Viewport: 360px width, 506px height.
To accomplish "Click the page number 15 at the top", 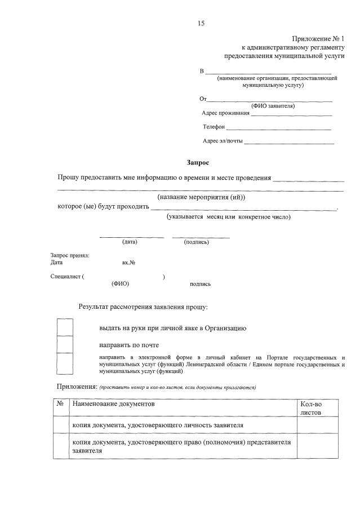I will pos(201,23).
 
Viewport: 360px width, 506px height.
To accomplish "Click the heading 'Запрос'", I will pos(198,163).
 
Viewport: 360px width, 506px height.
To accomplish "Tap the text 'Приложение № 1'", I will pos(317,38).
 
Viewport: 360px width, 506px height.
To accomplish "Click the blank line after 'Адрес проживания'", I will pos(291,115).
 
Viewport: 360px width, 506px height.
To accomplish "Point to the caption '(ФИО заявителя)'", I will pos(273,106).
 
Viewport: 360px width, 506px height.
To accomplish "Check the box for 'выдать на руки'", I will pos(65,327).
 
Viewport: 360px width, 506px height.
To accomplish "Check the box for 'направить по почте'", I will pos(65,344).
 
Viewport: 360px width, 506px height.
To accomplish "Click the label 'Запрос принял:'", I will pos(70,255).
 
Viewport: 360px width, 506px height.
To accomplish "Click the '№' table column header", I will pos(60,404).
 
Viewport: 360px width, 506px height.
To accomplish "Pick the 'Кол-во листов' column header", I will pos(311,408).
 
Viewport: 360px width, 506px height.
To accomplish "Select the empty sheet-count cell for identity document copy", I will pos(317,425).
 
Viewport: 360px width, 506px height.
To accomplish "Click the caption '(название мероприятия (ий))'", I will pos(201,197).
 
